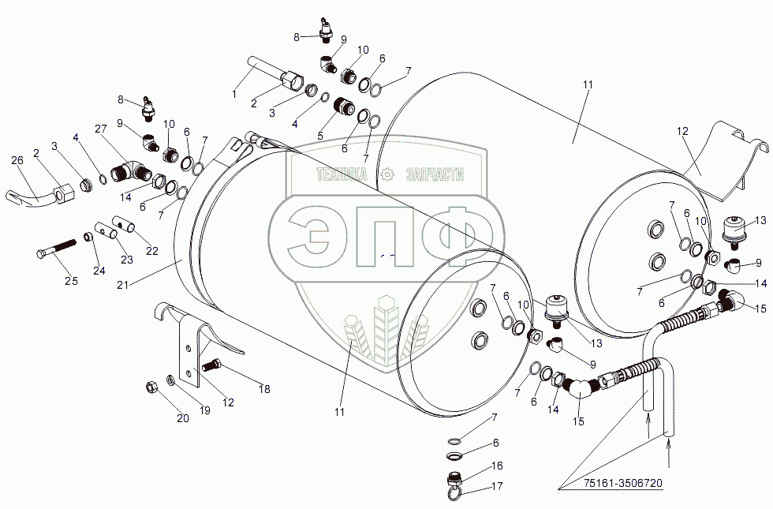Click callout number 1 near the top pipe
tap(233, 94)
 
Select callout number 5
tap(319, 136)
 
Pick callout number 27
tap(100, 130)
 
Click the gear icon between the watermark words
tap(386, 175)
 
